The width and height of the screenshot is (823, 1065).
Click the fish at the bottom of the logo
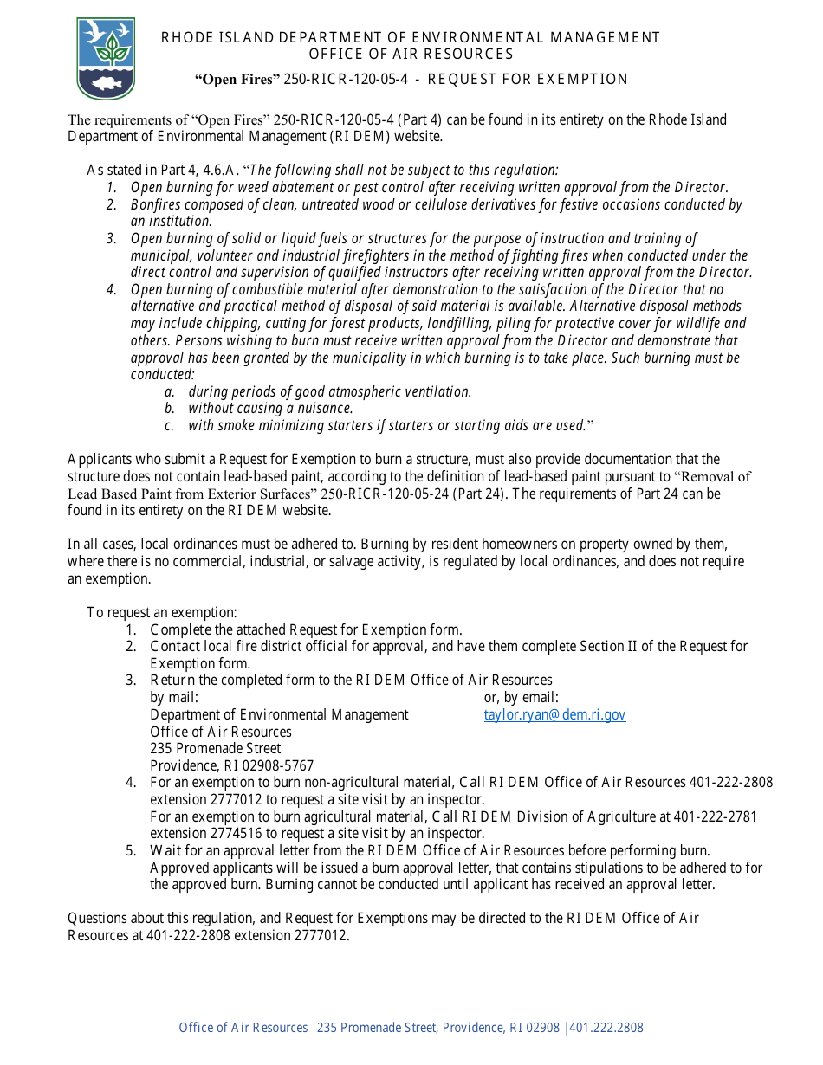pos(106,83)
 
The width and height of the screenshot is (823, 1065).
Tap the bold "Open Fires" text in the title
pos(237,80)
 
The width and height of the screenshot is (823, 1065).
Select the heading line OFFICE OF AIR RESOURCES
pos(411,55)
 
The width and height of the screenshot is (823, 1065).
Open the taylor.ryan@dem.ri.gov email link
pos(554,715)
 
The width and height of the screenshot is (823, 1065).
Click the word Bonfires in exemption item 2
pos(158,205)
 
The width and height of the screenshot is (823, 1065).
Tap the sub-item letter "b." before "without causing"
pos(170,409)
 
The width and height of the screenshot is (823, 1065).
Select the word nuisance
pos(327,409)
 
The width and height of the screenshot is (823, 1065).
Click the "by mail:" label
pos(174,698)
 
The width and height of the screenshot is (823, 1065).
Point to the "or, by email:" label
pos(521,698)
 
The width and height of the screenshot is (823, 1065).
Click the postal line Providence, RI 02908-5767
pos(232,766)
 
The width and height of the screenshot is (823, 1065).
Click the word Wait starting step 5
pos(165,851)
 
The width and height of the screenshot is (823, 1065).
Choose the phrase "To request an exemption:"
pos(162,613)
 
